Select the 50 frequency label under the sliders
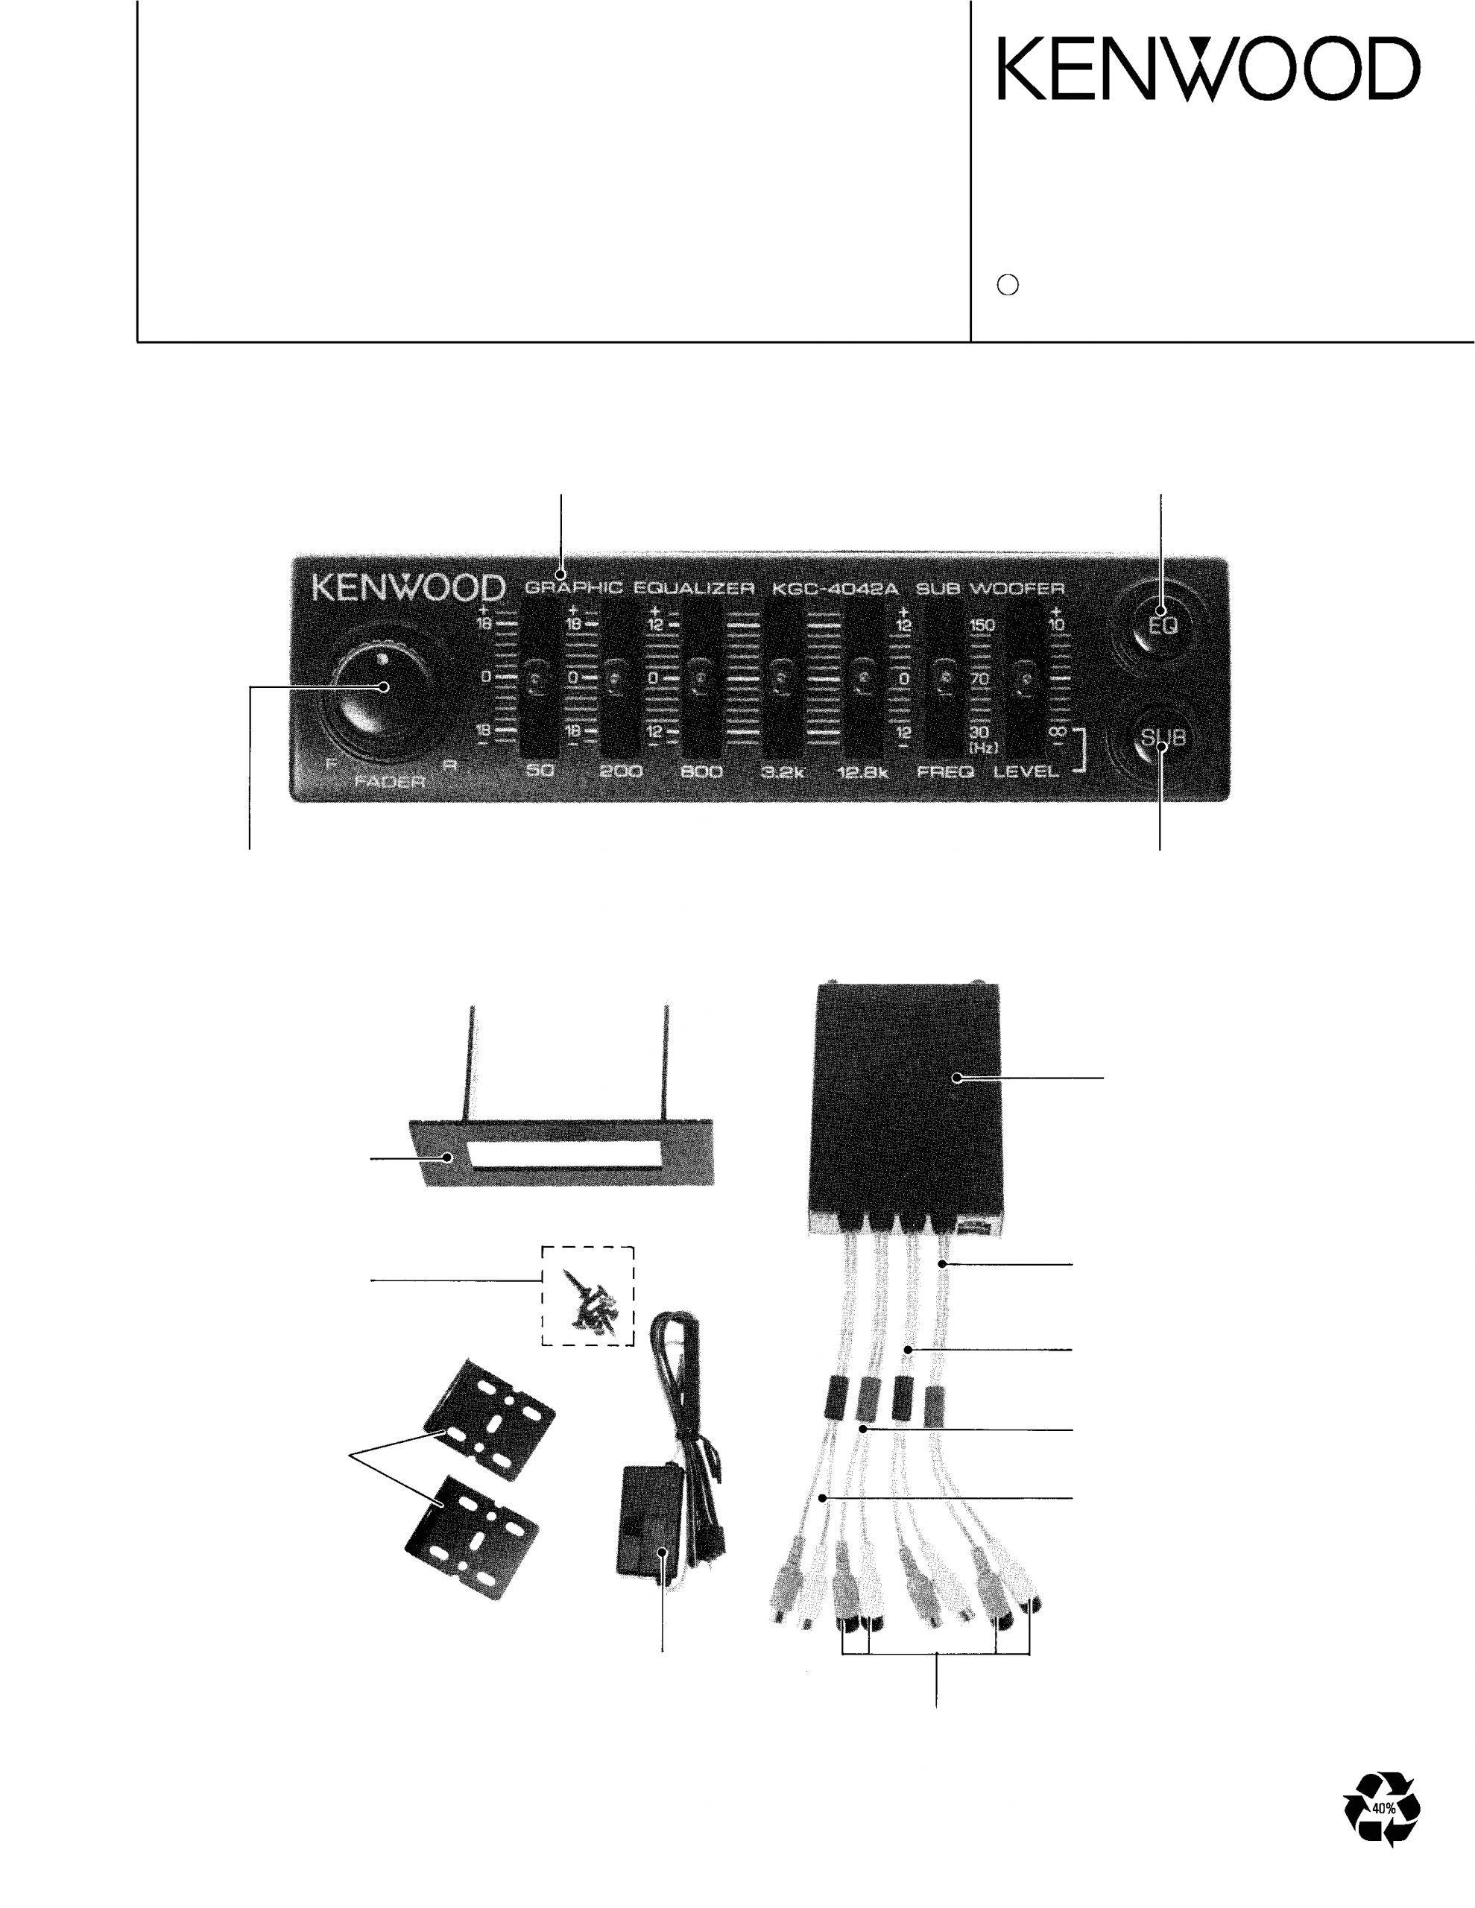tap(540, 771)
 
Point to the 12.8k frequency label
tap(862, 772)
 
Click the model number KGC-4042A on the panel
tap(835, 588)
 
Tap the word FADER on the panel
tap(390, 782)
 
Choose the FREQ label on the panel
tap(946, 772)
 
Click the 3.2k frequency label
tap(782, 772)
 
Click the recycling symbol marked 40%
tap(1383, 1808)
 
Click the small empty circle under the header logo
tap(1008, 285)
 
